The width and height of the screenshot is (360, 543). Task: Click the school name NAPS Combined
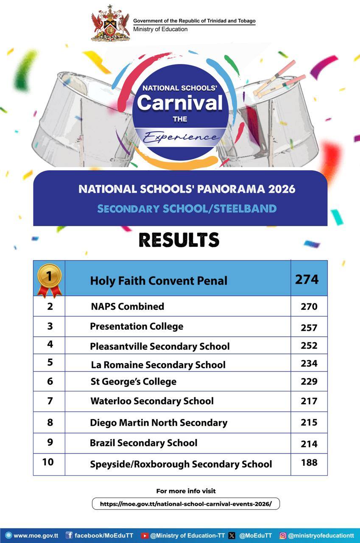click(x=127, y=306)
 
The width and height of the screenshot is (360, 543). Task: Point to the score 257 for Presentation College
click(x=309, y=327)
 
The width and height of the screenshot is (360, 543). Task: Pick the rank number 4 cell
click(x=50, y=344)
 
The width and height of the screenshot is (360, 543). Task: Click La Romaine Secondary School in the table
click(x=158, y=365)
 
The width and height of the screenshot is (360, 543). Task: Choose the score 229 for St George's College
click(x=309, y=381)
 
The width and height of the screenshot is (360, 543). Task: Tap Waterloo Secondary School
click(x=152, y=401)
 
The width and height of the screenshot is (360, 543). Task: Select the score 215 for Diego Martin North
click(x=309, y=423)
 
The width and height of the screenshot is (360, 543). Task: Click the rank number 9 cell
click(x=50, y=442)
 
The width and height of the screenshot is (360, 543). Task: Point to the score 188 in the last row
click(x=309, y=462)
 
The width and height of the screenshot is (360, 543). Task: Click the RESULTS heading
click(x=179, y=240)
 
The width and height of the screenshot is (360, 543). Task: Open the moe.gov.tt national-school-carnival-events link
click(x=186, y=504)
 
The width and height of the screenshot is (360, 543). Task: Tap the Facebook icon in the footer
click(x=69, y=536)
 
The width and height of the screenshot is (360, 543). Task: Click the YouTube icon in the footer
click(x=144, y=536)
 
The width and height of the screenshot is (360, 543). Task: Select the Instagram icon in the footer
click(x=283, y=536)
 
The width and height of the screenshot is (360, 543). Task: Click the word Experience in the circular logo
click(x=181, y=137)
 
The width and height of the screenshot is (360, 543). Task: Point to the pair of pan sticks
click(x=278, y=80)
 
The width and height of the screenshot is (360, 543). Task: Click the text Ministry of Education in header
click(x=160, y=29)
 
